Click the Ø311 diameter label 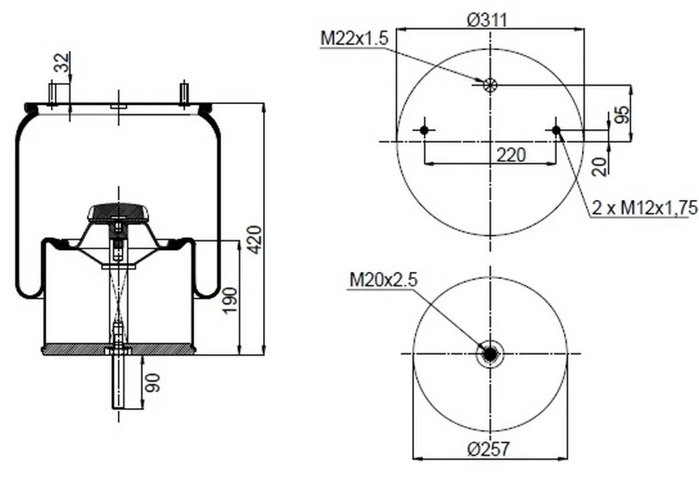tap(487, 20)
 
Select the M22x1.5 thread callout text tap(354, 39)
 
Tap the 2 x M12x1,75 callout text tap(645, 207)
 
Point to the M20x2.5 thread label tap(383, 280)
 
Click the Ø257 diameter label tap(488, 449)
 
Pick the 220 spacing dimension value tap(511, 155)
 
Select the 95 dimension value tap(624, 114)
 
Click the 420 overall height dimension tap(254, 240)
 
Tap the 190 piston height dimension tap(230, 300)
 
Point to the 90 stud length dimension tap(153, 382)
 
